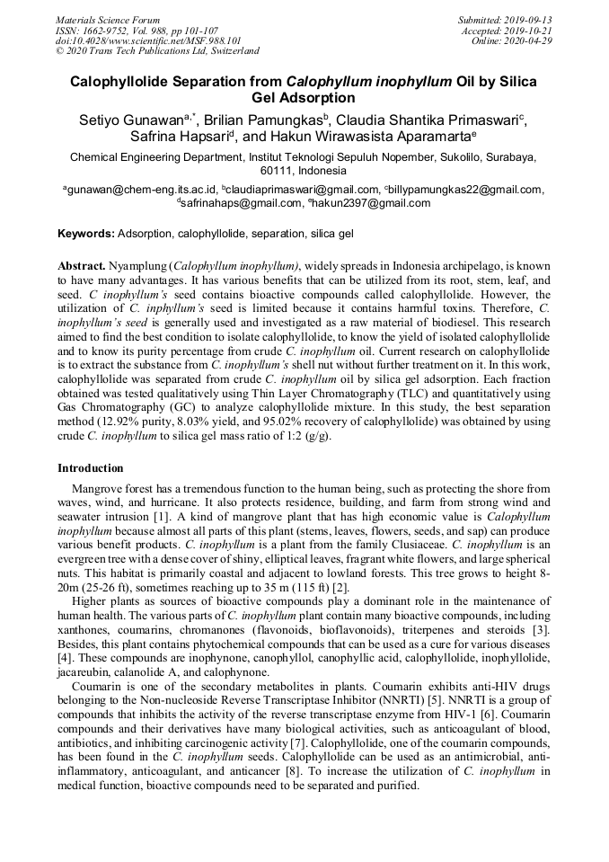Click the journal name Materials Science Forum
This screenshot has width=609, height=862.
click(108, 20)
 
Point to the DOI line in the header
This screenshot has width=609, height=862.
click(148, 41)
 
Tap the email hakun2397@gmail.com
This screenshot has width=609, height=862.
click(371, 203)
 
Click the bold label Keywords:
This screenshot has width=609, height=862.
click(86, 234)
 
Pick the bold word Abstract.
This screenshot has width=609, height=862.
click(82, 268)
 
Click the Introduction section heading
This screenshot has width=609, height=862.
click(91, 468)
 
